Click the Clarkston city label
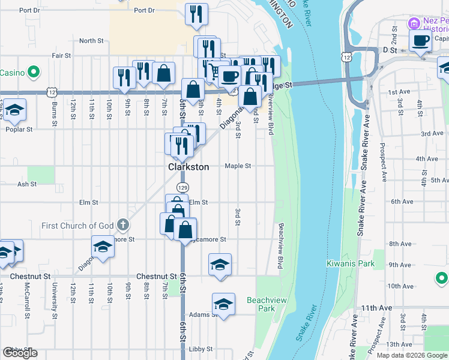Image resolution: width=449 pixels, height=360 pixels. (x=188, y=167)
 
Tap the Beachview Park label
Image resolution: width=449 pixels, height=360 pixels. (x=261, y=304)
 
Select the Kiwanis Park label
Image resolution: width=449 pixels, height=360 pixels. (x=351, y=263)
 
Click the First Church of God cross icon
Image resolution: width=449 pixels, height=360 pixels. (x=122, y=226)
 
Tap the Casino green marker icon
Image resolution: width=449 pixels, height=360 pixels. (x=34, y=73)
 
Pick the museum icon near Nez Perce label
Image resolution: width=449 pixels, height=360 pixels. (x=413, y=23)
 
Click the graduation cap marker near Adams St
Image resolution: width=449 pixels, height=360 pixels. (x=223, y=304)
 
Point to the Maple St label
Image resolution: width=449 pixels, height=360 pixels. (x=237, y=166)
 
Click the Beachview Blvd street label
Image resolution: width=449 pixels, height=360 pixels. (x=280, y=246)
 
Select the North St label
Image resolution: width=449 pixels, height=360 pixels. (x=91, y=41)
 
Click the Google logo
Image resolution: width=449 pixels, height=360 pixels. (x=20, y=353)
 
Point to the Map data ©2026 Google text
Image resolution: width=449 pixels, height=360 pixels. (x=411, y=355)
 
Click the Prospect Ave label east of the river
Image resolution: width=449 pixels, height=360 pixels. (x=382, y=162)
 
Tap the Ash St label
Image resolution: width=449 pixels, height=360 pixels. (x=27, y=184)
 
